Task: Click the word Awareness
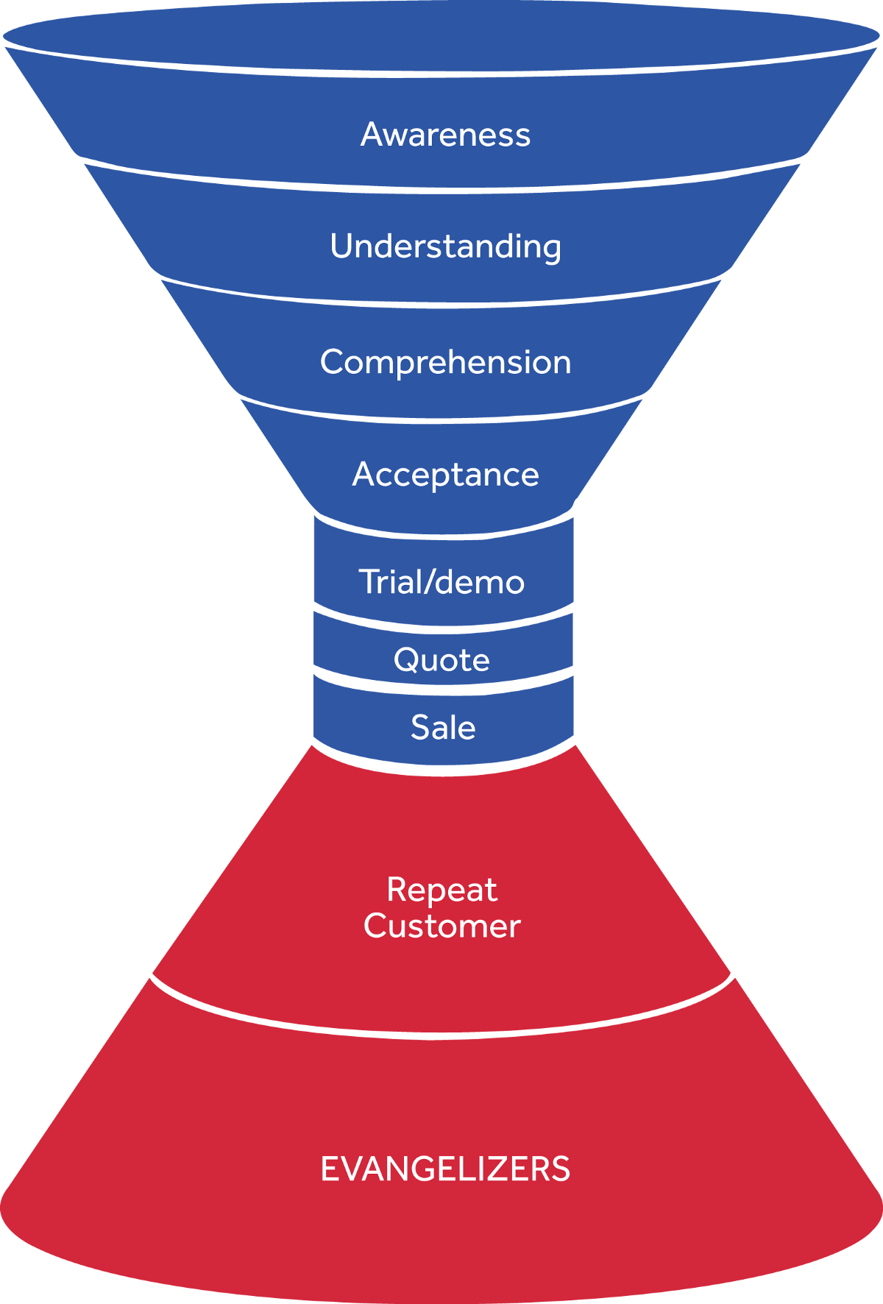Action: [x=445, y=135]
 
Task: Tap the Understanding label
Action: [x=445, y=247]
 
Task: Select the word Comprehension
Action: [x=445, y=362]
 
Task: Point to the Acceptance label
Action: [x=445, y=475]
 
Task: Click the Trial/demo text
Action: [x=441, y=582]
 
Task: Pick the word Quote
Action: [x=441, y=659]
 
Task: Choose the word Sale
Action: [x=443, y=728]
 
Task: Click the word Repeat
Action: [x=441, y=890]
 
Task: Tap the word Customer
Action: [x=441, y=926]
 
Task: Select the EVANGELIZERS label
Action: [x=445, y=1169]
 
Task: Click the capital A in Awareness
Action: [x=372, y=135]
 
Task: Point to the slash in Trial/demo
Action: [x=428, y=582]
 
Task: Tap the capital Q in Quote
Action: [x=407, y=659]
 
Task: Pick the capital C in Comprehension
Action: [x=333, y=362]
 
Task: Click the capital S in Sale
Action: [x=420, y=728]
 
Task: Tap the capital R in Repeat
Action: [x=397, y=890]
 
